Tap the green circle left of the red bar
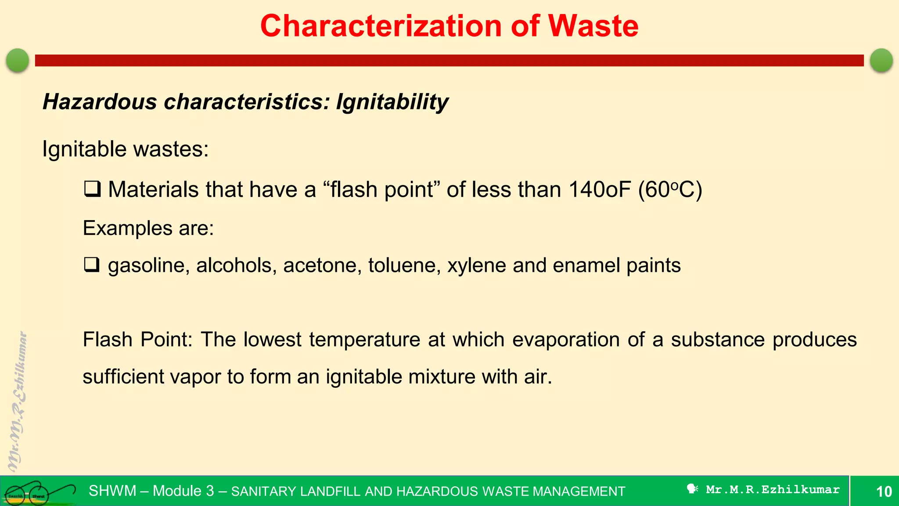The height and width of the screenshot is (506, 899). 18,60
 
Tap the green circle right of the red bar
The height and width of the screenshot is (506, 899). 881,60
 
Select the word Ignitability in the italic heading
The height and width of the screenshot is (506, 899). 392,102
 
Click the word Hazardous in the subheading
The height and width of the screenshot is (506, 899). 100,102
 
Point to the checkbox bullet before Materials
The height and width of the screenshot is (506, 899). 92,189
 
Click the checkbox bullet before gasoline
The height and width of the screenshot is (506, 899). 92,265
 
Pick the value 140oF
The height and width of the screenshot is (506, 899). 599,190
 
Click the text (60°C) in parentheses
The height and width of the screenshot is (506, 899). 670,190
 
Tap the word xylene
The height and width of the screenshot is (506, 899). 476,265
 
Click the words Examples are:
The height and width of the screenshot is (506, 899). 148,228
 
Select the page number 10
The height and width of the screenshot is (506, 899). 884,491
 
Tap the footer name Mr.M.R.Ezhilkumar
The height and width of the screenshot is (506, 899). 773,489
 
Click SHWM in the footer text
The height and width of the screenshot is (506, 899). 112,491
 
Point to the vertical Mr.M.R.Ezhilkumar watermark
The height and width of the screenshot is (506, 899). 18,402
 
